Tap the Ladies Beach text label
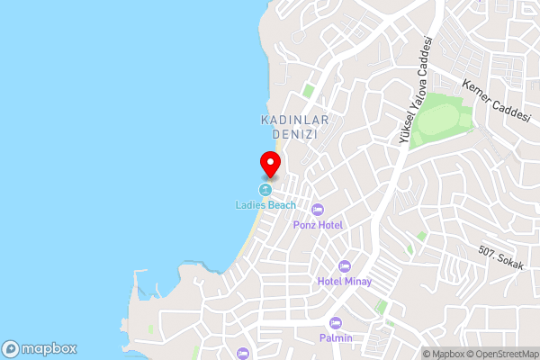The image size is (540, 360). click(265, 205)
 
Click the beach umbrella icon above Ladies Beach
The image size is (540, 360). click(265, 190)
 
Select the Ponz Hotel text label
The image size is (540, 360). click(318, 224)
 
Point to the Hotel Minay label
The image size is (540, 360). click(343, 281)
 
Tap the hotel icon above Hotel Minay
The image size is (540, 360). click(343, 266)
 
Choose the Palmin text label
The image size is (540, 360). click(336, 337)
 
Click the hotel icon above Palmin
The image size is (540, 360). click(336, 323)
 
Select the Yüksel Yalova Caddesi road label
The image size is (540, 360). click(416, 90)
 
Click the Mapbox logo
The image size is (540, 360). click(40, 348)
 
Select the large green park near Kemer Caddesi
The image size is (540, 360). click(443, 117)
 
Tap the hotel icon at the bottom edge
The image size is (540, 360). click(241, 354)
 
